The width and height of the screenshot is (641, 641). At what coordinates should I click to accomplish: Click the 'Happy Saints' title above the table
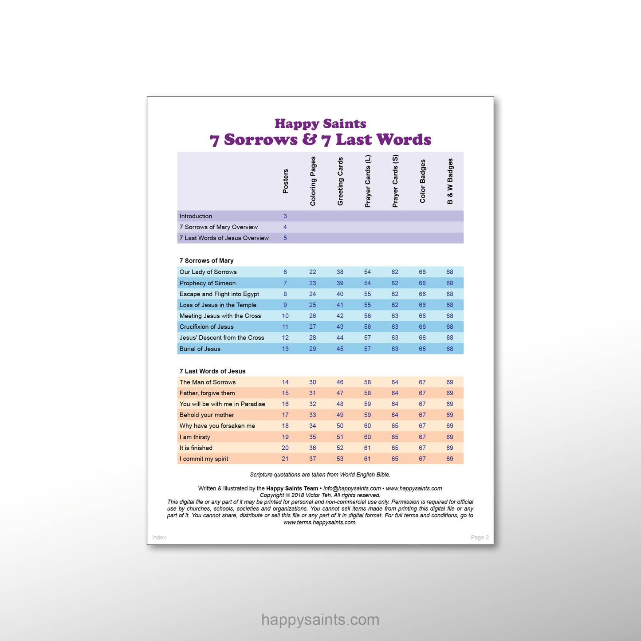pyautogui.click(x=320, y=124)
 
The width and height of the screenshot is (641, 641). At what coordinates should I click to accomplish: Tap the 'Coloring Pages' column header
pyautogui.click(x=313, y=181)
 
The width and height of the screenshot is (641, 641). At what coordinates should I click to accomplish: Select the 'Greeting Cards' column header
pyautogui.click(x=340, y=181)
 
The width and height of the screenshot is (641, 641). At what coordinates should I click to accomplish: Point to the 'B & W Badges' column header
pyautogui.click(x=450, y=181)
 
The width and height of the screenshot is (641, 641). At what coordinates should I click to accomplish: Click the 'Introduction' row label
pyautogui.click(x=196, y=216)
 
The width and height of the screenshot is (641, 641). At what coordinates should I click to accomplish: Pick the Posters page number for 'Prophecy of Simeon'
pyautogui.click(x=285, y=283)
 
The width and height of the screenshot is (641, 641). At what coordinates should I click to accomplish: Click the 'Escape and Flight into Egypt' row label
pyautogui.click(x=219, y=294)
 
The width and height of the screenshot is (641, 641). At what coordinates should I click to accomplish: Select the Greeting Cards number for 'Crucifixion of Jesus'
pyautogui.click(x=340, y=327)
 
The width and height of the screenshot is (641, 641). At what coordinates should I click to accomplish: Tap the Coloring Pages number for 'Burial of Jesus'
pyautogui.click(x=313, y=349)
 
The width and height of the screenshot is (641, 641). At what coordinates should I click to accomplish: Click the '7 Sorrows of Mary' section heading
pyautogui.click(x=206, y=260)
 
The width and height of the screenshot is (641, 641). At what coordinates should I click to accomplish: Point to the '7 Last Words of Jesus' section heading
pyautogui.click(x=212, y=371)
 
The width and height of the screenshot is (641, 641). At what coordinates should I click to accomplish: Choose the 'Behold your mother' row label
pyautogui.click(x=207, y=415)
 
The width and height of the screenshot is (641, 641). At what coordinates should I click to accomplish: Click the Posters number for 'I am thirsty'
pyautogui.click(x=285, y=437)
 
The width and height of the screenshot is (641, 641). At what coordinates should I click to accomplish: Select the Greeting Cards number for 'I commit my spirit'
pyautogui.click(x=340, y=459)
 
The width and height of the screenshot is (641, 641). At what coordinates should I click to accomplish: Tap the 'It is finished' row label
pyautogui.click(x=196, y=448)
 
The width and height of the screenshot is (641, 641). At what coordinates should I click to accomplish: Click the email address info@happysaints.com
pyautogui.click(x=352, y=488)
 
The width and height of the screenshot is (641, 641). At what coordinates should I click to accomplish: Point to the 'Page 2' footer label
pyautogui.click(x=480, y=537)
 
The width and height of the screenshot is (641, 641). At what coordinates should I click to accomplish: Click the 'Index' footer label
pyautogui.click(x=159, y=537)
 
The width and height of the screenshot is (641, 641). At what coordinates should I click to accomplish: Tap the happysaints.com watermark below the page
pyautogui.click(x=320, y=620)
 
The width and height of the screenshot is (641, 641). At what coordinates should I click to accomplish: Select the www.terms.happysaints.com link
pyautogui.click(x=320, y=523)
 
